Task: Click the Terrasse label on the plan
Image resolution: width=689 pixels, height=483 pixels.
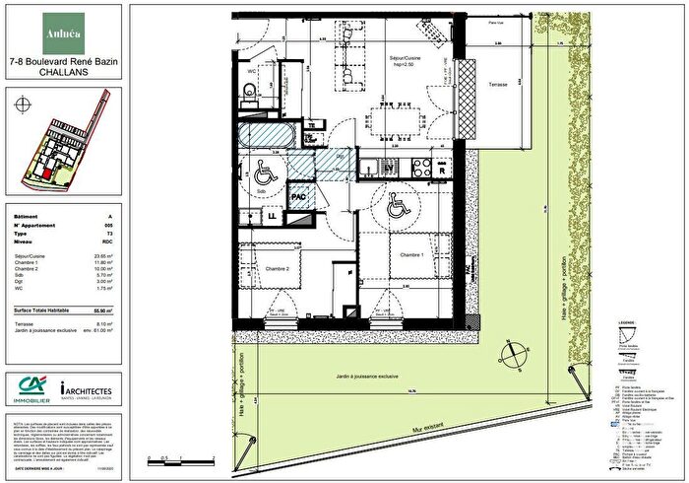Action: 497,86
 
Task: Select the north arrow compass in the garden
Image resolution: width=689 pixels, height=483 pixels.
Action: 511,355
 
